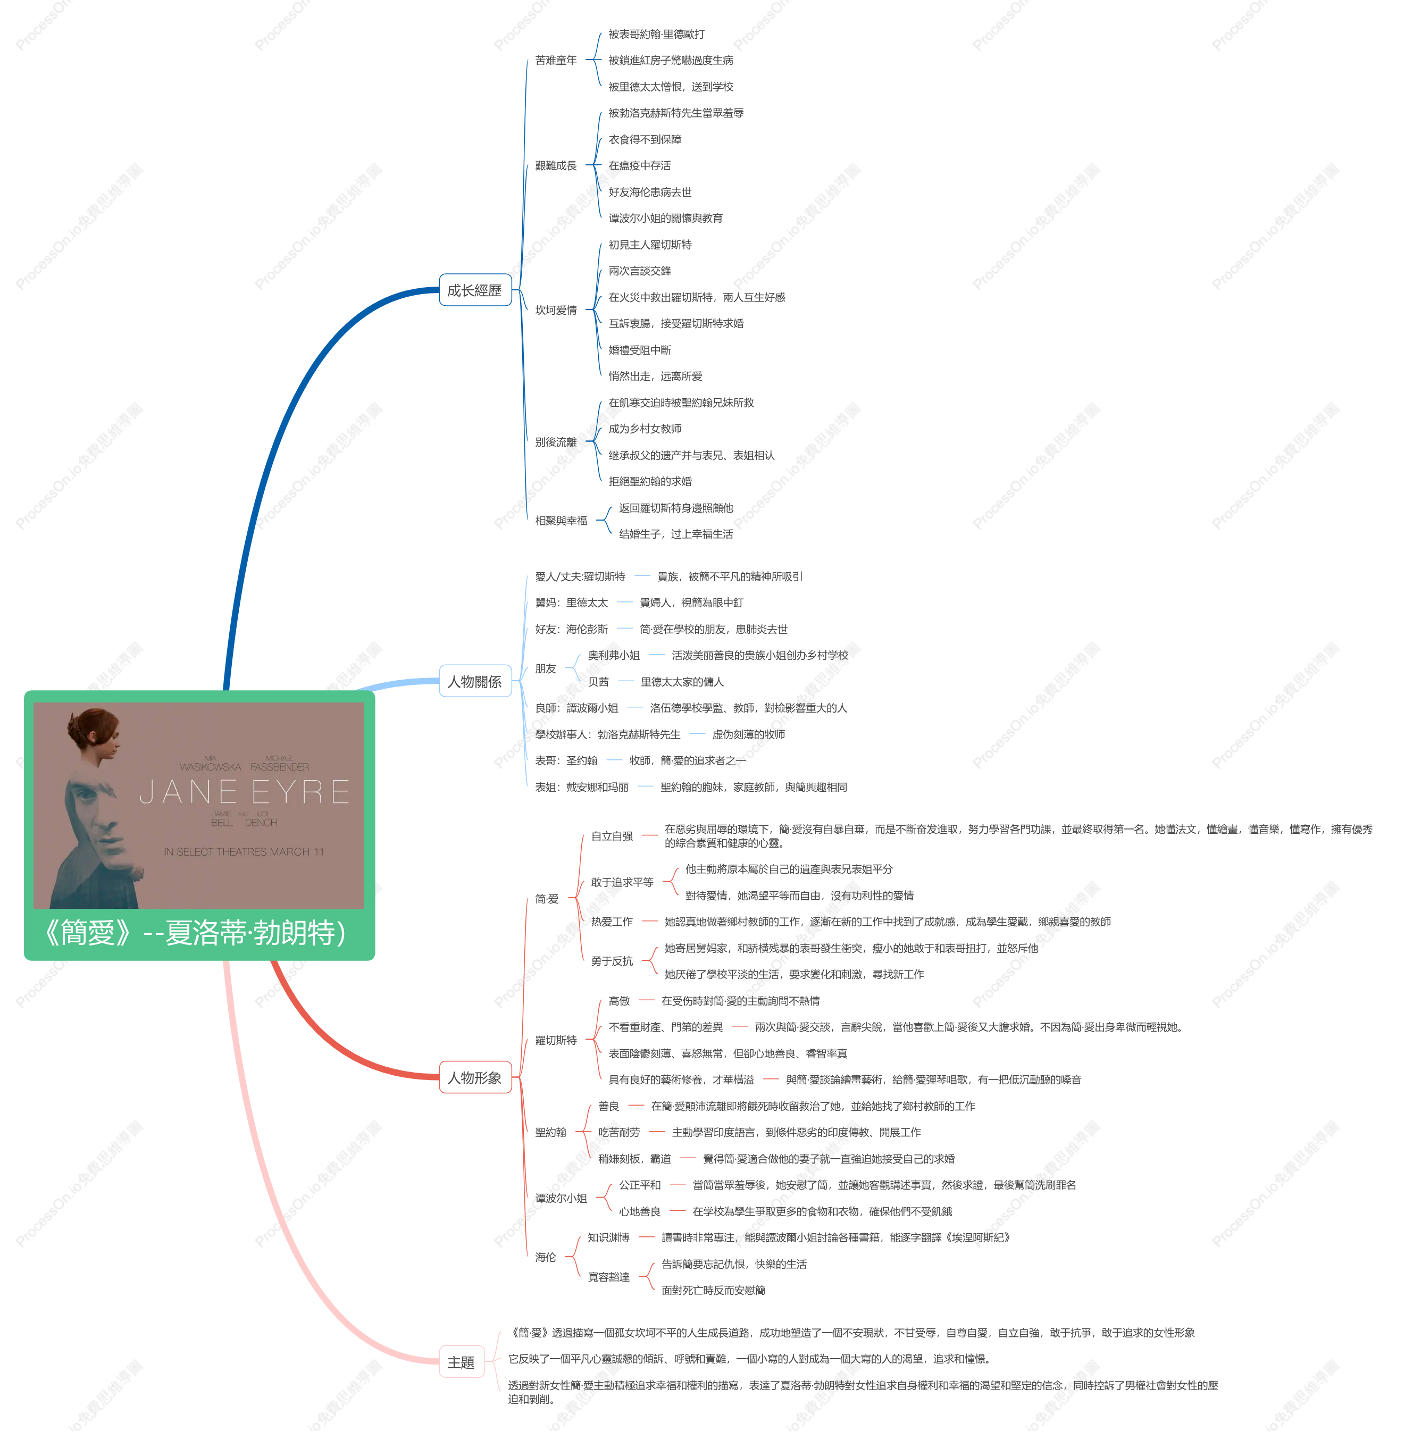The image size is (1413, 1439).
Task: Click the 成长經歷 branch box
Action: [475, 290]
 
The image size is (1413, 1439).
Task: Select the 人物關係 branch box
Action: [475, 681]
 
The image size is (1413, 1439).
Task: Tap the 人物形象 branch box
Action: [475, 1077]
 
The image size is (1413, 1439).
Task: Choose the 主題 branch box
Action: [461, 1362]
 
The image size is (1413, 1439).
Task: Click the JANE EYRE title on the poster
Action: [245, 792]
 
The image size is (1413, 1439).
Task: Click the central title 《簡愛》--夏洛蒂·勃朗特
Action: [195, 933]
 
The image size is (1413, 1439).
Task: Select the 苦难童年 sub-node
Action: [556, 60]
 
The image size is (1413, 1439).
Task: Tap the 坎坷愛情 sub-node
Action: [556, 310]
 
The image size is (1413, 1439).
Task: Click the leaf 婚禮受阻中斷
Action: [640, 349]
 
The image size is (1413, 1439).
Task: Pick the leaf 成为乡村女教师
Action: [645, 429]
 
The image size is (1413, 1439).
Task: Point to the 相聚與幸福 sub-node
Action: [561, 520]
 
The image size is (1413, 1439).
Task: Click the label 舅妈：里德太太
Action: [572, 603]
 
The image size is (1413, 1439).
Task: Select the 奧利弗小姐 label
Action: [614, 655]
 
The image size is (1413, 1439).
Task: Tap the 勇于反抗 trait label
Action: [612, 961]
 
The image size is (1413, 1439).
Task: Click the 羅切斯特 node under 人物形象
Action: [556, 1041]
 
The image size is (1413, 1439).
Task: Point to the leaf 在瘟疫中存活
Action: [640, 165]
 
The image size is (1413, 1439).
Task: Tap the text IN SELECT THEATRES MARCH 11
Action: [244, 852]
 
